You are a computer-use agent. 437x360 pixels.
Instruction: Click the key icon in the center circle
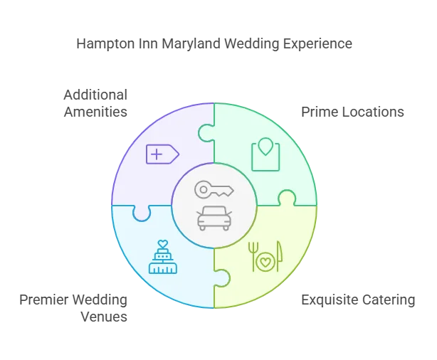(214, 189)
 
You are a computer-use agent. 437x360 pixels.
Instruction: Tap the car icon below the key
(214, 218)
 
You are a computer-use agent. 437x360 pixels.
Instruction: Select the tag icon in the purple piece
(162, 154)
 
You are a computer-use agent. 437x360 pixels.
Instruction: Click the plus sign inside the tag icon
(157, 154)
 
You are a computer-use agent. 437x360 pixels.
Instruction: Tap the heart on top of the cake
(162, 243)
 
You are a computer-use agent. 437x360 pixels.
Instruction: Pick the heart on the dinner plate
(265, 263)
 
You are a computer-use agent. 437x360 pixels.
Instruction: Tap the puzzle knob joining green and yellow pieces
(287, 198)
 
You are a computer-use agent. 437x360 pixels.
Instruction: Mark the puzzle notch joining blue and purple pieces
(141, 211)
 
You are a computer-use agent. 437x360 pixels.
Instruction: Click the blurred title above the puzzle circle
(214, 44)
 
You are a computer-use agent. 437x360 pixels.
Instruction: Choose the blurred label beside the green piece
(352, 112)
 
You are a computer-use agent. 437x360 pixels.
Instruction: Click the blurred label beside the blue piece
(74, 307)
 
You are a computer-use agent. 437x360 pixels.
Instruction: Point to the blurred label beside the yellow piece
(358, 300)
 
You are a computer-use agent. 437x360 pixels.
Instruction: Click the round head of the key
(203, 189)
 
